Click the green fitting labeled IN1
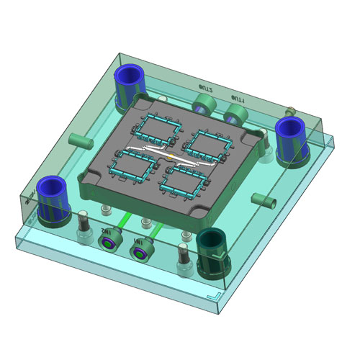(138, 251)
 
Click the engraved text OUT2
(207, 88)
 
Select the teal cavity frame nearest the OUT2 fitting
(161, 127)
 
